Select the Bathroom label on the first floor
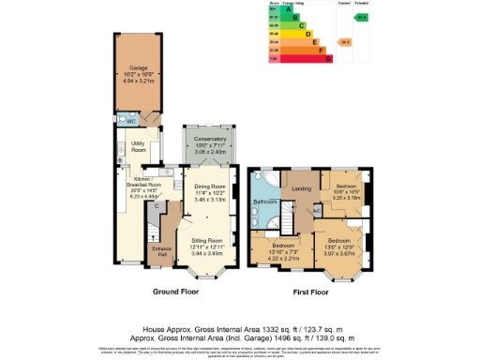[x=262, y=202]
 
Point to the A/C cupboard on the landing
[x=317, y=210]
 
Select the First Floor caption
[x=310, y=292]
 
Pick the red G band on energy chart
[x=300, y=58]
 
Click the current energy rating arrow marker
[x=344, y=42]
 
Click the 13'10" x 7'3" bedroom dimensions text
[x=274, y=252]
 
